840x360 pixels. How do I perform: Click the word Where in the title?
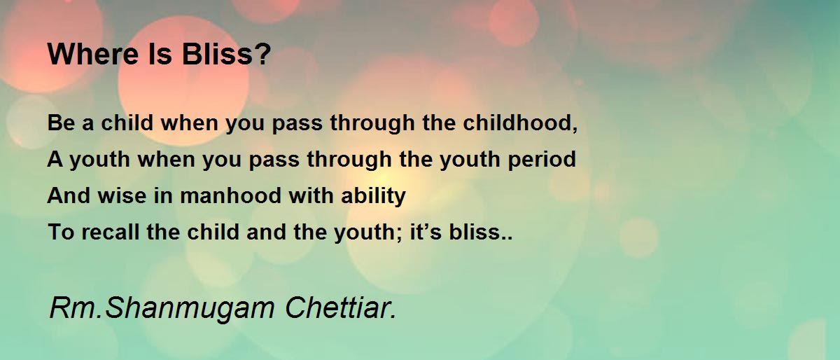(93, 54)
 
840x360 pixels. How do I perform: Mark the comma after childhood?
(575, 129)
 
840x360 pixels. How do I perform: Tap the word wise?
(122, 195)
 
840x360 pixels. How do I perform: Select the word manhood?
(230, 195)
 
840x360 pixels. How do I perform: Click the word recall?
(111, 232)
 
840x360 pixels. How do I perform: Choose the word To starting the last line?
(61, 232)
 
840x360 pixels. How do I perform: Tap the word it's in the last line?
(426, 232)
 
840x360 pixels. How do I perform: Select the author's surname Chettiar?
(340, 307)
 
